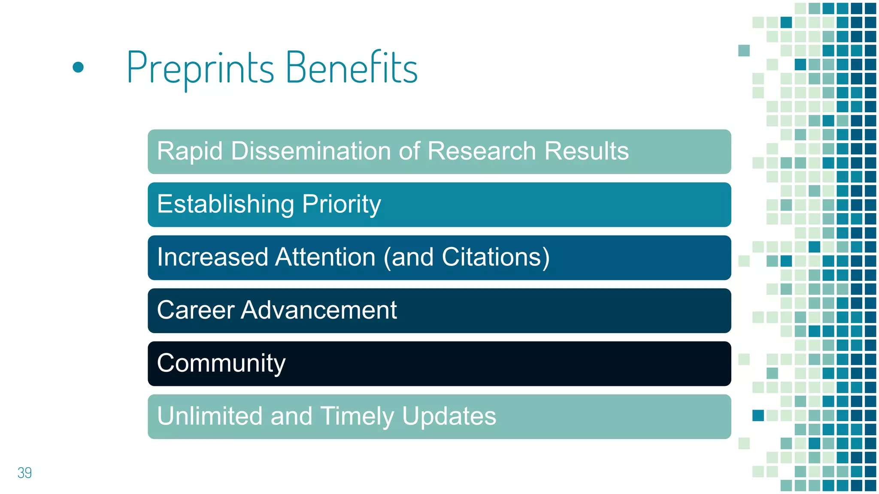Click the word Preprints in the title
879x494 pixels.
coord(200,68)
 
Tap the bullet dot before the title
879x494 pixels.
coord(78,67)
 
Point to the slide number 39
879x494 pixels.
coord(24,473)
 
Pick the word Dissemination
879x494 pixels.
coord(310,151)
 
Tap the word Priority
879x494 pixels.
coord(342,204)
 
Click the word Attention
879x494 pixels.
coord(326,257)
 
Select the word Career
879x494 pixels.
coord(196,310)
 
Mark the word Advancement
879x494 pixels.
coord(319,310)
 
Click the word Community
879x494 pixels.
coord(221,363)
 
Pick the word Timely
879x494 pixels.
coord(357,416)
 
